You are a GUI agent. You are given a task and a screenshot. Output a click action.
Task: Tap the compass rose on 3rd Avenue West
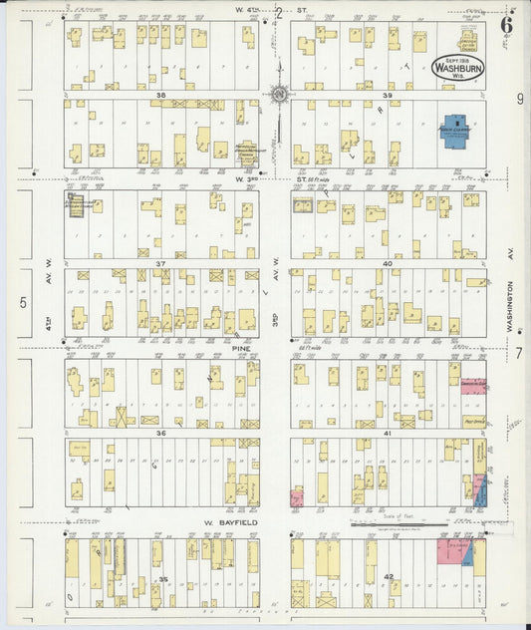279,96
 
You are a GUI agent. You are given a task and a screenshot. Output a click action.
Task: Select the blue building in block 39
458,135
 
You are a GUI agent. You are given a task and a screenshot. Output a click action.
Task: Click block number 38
159,96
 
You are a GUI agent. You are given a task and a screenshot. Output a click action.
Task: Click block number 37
159,264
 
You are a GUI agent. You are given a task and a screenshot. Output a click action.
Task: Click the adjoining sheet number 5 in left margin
22,303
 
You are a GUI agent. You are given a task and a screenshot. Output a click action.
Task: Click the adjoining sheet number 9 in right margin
519,99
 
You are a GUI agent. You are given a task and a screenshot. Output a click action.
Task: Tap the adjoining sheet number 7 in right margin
518,353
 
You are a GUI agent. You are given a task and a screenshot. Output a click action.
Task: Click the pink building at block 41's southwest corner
296,496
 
